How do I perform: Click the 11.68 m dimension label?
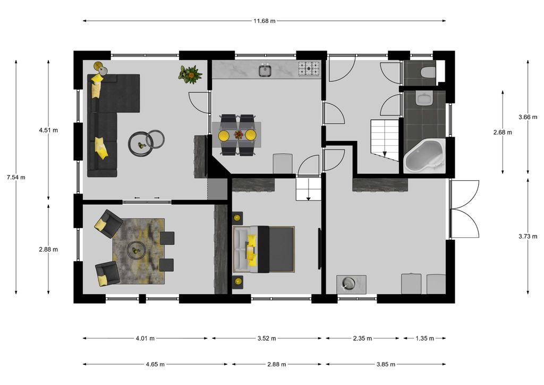pyautogui.click(x=265, y=21)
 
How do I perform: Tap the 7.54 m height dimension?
pyautogui.click(x=16, y=178)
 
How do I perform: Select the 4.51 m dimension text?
pyautogui.click(x=48, y=130)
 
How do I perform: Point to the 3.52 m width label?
pyautogui.click(x=267, y=338)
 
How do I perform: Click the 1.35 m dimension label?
pyautogui.click(x=424, y=338)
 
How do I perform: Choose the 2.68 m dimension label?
pyautogui.click(x=503, y=132)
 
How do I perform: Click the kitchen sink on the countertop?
pyautogui.click(x=266, y=70)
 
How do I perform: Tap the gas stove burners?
pyautogui.click(x=309, y=69)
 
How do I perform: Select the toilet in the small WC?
pyautogui.click(x=428, y=72)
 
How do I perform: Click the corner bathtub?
pyautogui.click(x=424, y=156)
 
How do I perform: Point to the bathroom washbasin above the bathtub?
pyautogui.click(x=424, y=98)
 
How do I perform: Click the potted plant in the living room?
pyautogui.click(x=190, y=74)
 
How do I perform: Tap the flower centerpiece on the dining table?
pyautogui.click(x=239, y=135)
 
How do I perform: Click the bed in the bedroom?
pyautogui.click(x=263, y=249)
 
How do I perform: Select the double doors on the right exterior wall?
pyautogui.click(x=464, y=208)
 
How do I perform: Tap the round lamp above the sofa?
pyautogui.click(x=99, y=65)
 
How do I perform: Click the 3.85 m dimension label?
pyautogui.click(x=386, y=364)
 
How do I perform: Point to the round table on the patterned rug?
pyautogui.click(x=135, y=250)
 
